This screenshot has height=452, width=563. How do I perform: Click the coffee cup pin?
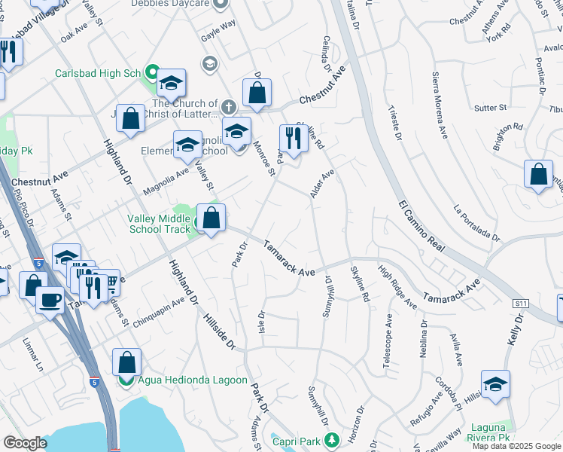pos(51,299)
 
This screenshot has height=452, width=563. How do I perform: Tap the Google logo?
pos(26,443)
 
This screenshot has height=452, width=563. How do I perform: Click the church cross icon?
pos(228,105)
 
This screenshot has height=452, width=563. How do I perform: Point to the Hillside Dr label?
pos(219,331)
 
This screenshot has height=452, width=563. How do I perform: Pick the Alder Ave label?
pos(322,184)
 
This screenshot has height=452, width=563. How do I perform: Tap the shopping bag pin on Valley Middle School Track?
pos(212,219)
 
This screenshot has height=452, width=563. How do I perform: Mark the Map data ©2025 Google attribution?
pos(516,446)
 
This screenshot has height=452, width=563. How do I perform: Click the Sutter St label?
pos(491,108)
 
